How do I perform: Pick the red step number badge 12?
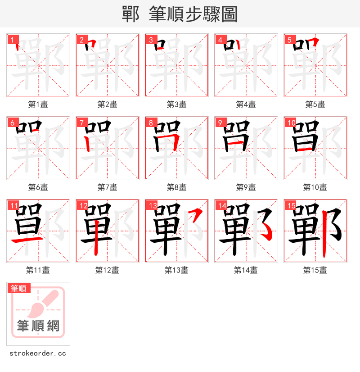click(x=83, y=206)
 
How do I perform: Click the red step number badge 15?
click(x=291, y=206)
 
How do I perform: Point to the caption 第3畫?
click(x=176, y=104)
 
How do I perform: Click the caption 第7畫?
click(x=107, y=187)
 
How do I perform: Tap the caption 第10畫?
click(x=315, y=187)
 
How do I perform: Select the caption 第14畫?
click(x=246, y=270)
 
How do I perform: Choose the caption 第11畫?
click(x=38, y=270)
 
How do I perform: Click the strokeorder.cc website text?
click(x=38, y=354)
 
